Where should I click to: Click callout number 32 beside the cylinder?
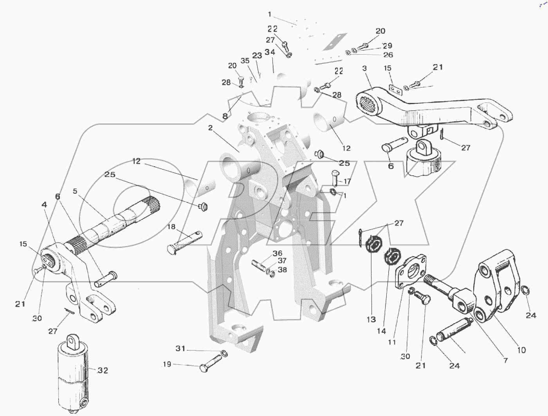pyautogui.click(x=103, y=370)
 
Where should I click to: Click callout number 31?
pyautogui.click(x=180, y=349)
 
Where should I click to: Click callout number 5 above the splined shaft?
pyautogui.click(x=75, y=191)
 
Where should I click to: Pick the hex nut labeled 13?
pyautogui.click(x=371, y=247)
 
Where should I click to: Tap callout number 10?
pyautogui.click(x=521, y=350)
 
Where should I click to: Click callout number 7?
pyautogui.click(x=505, y=360)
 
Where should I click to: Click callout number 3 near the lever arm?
pyautogui.click(x=365, y=68)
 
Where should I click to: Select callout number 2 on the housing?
pyautogui.click(x=210, y=128)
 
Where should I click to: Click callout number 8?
pyautogui.click(x=225, y=116)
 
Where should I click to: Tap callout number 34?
pyautogui.click(x=270, y=52)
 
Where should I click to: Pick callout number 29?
pyautogui.click(x=387, y=46)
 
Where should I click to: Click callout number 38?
pyautogui.click(x=282, y=270)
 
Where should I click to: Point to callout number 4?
pyautogui.click(x=45, y=205)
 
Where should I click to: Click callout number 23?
pyautogui.click(x=257, y=56)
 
